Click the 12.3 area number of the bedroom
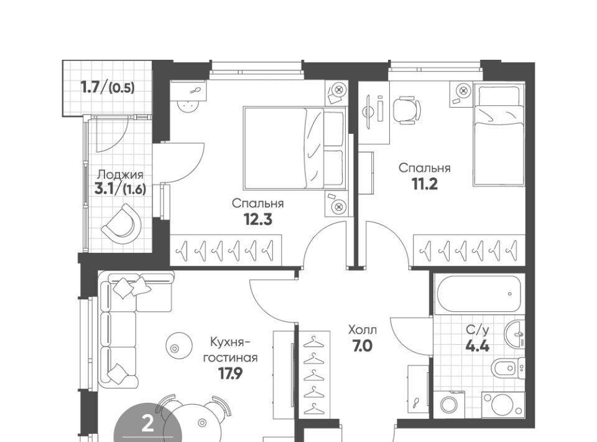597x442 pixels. point(258,220)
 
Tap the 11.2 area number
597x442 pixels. point(425,184)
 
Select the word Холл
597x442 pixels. point(363,329)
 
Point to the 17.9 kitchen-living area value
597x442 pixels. point(230,374)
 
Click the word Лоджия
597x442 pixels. point(120,175)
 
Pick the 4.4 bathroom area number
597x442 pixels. point(478,346)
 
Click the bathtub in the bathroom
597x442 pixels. point(479,294)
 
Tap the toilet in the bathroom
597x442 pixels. point(507,368)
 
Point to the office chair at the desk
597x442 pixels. point(407,110)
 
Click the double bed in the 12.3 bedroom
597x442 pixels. point(295,149)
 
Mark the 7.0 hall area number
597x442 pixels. point(363,346)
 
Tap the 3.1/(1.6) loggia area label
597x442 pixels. point(120,189)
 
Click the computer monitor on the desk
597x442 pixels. point(368,111)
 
